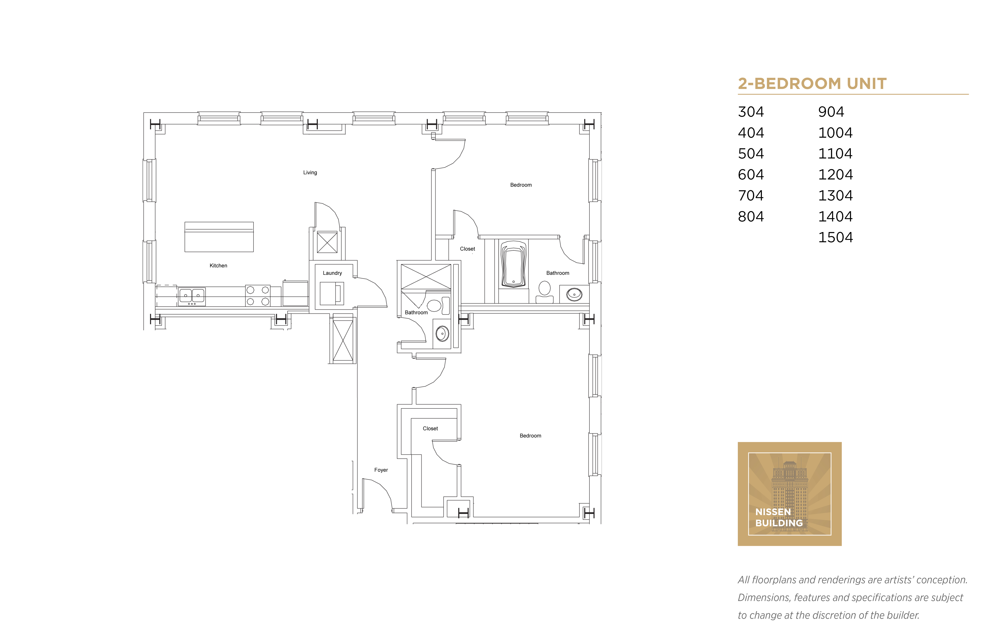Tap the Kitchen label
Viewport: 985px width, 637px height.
click(x=218, y=266)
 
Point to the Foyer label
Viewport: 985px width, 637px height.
click(x=381, y=470)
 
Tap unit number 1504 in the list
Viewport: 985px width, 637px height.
click(x=835, y=237)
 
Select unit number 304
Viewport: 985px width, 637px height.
click(x=751, y=112)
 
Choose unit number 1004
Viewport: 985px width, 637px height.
click(x=835, y=133)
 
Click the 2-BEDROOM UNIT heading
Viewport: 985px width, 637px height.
click(x=812, y=84)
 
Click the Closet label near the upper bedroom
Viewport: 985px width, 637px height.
click(x=467, y=249)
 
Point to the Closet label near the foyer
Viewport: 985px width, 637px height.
click(x=430, y=428)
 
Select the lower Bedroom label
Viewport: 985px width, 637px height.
click(x=530, y=436)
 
